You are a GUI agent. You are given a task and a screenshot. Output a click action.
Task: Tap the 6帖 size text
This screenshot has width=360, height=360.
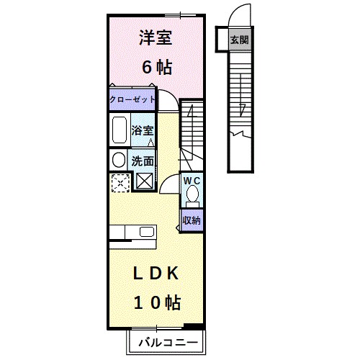[x=155, y=68]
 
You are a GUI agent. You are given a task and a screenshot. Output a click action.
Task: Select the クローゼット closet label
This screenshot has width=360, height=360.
[x=132, y=99]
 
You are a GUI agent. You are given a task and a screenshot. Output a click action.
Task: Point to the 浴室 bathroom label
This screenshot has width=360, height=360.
[x=143, y=130]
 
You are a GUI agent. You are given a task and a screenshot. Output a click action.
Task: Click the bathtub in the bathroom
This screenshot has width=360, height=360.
[x=119, y=132]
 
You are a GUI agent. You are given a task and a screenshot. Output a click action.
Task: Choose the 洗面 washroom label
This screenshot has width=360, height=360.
[x=142, y=161]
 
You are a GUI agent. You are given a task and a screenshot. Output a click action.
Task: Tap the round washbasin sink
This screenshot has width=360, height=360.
[x=117, y=160]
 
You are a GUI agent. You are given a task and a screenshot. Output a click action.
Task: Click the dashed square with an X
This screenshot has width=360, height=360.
[x=119, y=181]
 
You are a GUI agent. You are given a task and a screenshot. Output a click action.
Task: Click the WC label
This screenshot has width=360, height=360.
[x=191, y=179]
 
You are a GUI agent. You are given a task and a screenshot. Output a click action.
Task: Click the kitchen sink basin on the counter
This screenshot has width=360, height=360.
[x=147, y=232]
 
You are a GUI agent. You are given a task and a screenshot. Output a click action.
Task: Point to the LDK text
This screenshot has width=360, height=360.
[x=154, y=274]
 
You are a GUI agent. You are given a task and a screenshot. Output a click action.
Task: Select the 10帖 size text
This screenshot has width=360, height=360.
[x=154, y=302]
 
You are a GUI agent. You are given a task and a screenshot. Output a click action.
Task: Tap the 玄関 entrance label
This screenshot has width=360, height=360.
[x=240, y=40]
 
